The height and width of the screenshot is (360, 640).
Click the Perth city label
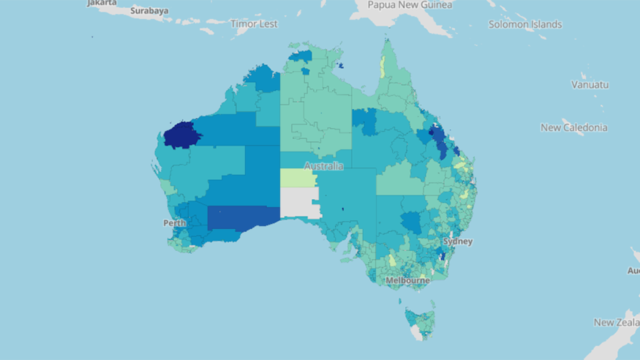174,223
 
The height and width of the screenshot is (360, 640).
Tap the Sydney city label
457,241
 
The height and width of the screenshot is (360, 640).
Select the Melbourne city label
407,280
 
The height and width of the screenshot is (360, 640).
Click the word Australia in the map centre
323,166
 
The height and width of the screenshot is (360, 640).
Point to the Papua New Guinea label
409,5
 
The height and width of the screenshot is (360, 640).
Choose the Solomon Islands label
525,24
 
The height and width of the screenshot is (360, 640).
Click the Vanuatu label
590,84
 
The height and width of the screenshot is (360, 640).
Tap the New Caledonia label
574,127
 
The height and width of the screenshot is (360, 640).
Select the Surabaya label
149,10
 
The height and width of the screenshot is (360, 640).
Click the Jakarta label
102,3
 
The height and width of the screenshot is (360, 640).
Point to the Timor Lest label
254,23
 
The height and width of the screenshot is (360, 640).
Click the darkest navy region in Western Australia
181,135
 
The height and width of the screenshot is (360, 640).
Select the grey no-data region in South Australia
299,202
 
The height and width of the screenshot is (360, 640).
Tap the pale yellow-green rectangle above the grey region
297,177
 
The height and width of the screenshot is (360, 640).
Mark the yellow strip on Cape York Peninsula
382,67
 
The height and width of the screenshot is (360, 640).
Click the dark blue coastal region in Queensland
439,140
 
